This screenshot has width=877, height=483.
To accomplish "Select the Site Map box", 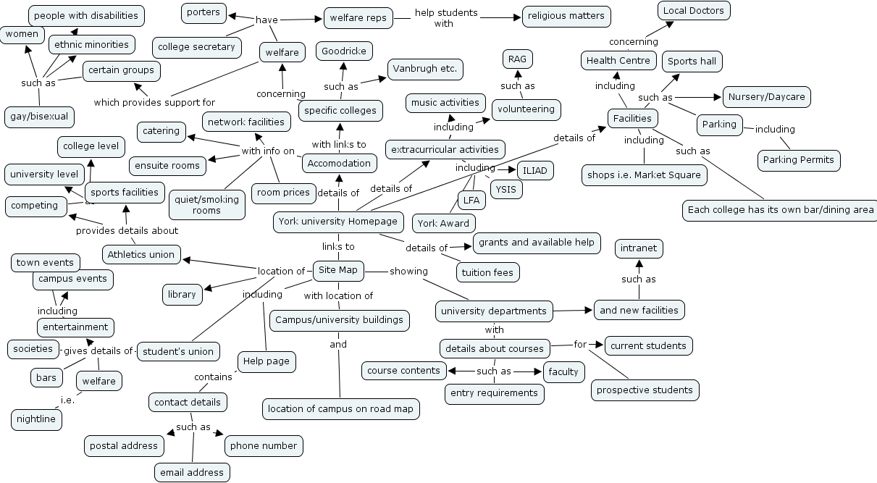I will tap(338, 270).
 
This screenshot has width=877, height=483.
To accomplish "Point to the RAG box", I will tap(517, 59).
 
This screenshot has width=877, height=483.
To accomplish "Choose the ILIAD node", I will tap(537, 171).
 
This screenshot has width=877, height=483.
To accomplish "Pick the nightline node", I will tap(36, 419).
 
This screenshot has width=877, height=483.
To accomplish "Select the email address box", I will tap(192, 473).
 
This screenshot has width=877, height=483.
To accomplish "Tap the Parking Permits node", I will tap(799, 160).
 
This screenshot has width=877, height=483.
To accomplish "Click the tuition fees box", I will tap(487, 273).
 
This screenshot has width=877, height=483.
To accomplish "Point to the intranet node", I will tap(639, 248).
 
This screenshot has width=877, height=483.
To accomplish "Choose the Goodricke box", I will tap(344, 51).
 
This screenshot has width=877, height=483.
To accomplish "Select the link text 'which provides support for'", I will tap(154, 102).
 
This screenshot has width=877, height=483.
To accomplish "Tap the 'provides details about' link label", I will tap(127, 231).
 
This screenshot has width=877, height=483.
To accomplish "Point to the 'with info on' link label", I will tap(268, 151).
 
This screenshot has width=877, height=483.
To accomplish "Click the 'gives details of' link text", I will tap(98, 351).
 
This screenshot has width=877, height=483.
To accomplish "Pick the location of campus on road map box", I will tap(340, 409).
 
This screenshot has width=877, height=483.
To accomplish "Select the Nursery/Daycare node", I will tap(766, 97).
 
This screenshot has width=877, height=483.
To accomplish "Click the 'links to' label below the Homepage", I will tap(338, 246).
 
